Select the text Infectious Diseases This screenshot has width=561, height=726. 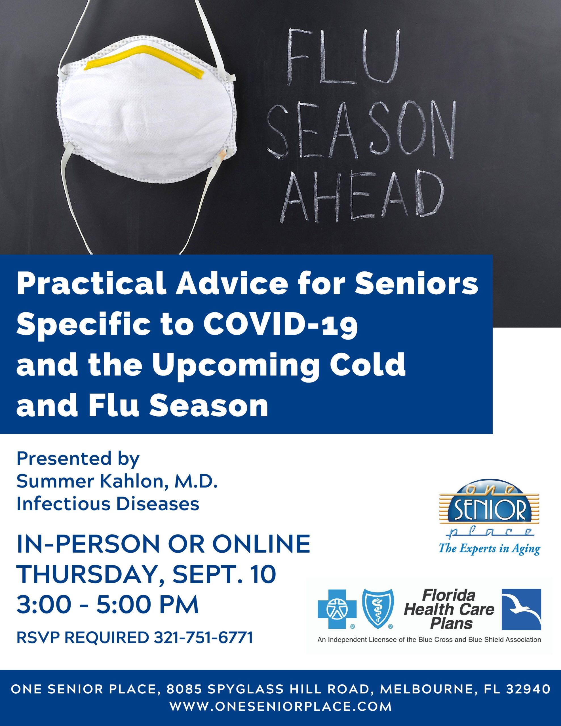coord(108,504)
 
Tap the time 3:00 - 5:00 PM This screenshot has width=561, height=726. coord(107,606)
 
